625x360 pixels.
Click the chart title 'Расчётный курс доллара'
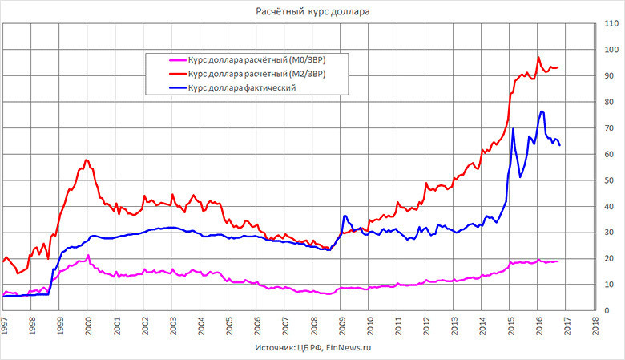pos(312,12)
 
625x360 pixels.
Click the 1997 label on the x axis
pos(5,324)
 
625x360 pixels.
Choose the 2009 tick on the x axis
pos(342,324)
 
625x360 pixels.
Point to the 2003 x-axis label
pos(173,324)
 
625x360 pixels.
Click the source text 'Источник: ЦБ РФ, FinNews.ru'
pos(312,349)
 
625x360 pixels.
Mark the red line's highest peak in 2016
pos(538,58)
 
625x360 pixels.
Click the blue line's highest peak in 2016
pos(542,111)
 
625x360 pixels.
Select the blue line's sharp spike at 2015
pos(513,129)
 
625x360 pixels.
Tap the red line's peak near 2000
pos(87,160)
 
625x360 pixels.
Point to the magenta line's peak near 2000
pos(88,256)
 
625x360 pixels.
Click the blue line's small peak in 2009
pos(345,216)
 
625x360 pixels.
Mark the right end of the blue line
pos(559,145)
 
